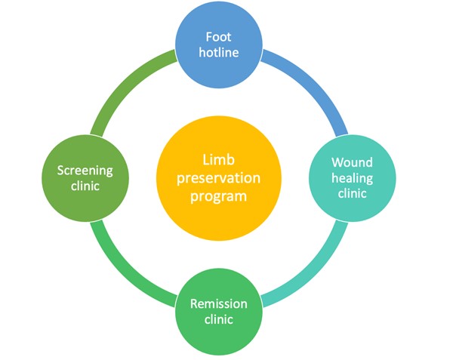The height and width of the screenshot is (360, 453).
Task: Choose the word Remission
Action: click(x=219, y=303)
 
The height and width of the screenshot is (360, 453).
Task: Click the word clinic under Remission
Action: click(x=219, y=319)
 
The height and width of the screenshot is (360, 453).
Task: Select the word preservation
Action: click(x=219, y=178)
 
